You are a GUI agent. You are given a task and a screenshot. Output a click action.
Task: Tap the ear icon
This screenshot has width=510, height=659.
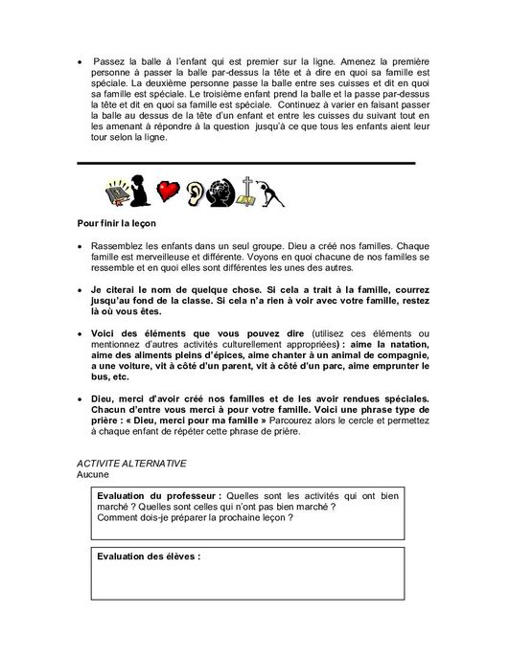pos(197,193)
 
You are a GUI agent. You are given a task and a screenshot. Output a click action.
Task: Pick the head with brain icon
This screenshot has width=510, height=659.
pos(223,193)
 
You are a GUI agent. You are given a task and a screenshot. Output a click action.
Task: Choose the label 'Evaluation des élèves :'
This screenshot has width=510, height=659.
pos(149,556)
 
